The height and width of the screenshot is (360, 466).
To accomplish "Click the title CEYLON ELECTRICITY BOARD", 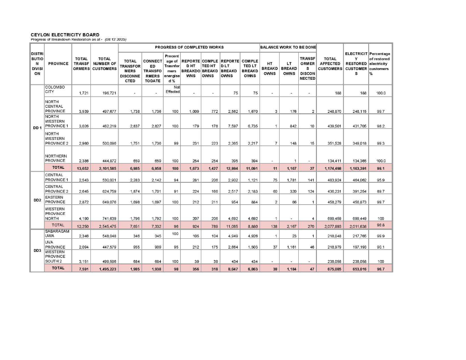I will point(65,35).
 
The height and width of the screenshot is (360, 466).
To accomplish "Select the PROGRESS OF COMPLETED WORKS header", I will point(189,47).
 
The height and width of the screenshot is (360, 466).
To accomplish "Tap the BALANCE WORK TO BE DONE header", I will point(288,47).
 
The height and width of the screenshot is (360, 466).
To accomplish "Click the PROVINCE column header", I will point(58,63).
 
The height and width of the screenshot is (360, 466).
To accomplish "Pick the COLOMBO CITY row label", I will point(55,90).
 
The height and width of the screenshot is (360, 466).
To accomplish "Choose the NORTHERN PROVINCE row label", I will point(56,158).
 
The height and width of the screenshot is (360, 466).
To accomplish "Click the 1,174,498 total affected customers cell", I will point(332,167).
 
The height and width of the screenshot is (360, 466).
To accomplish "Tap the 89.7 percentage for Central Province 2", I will point(381,191).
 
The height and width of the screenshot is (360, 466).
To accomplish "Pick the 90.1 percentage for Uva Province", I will point(381,247).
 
